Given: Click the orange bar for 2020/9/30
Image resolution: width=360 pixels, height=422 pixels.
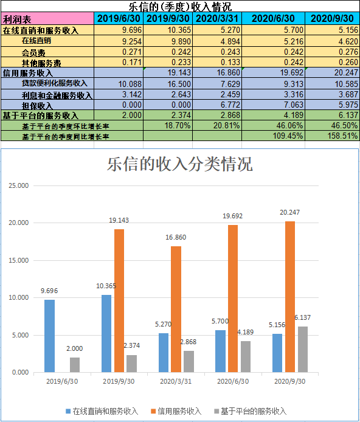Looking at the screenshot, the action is coord(290,297).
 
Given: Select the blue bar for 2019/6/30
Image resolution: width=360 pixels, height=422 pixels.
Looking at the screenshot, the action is coord(49,336).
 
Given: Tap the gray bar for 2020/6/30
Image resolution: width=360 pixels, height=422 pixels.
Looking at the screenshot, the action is coord(246,356).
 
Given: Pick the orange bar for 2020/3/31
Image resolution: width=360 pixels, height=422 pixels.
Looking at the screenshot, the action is coord(176,310).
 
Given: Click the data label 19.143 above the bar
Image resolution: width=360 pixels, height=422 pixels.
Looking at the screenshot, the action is coord(119,220).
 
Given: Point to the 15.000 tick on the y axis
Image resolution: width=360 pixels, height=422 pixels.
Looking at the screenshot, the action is coord(19,260).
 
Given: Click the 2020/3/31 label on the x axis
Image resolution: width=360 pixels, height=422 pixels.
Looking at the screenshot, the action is coord(176,381).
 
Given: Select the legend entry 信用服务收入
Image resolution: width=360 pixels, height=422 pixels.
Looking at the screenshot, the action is coord(176,411).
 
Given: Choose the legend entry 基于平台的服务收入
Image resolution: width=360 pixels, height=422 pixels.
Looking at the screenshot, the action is coord(250,411).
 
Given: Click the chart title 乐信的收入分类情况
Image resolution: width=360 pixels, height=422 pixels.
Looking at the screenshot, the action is coord(180,164).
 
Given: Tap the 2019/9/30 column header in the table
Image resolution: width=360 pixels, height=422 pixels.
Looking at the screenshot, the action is coord(168,18).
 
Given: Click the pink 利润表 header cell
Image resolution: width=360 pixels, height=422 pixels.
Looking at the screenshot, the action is coord(47,19).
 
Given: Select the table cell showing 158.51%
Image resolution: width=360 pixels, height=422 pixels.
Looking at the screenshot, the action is coord(332,136).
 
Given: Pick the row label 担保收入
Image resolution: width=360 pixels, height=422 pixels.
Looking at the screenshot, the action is coord(37,105).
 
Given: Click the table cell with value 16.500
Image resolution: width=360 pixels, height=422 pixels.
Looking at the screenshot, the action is coord(168,84).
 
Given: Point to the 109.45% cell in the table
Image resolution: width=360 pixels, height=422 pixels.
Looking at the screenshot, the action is coord(274,136).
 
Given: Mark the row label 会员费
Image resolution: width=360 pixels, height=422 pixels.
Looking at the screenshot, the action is coord(33,52).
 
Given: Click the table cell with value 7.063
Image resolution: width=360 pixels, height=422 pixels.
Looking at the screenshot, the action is coord(274,105).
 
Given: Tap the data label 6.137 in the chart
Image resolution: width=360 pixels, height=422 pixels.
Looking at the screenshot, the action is coord(302,317).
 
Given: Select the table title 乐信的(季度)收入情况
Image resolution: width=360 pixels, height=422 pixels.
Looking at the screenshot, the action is coord(180,7).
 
